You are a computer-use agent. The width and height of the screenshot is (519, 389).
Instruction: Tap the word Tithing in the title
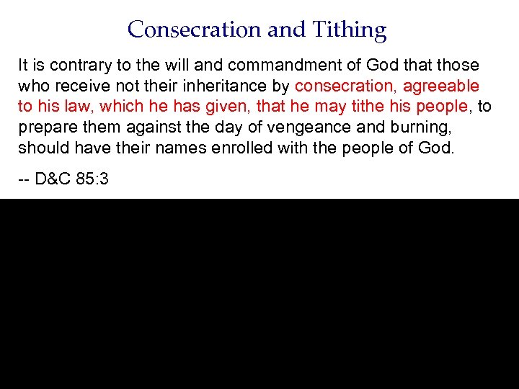coord(350,30)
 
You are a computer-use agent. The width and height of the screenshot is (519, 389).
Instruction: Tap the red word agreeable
coord(441,86)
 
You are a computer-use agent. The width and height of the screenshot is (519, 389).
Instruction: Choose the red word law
coord(78,107)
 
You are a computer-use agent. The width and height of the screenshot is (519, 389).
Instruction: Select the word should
coord(42,149)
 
